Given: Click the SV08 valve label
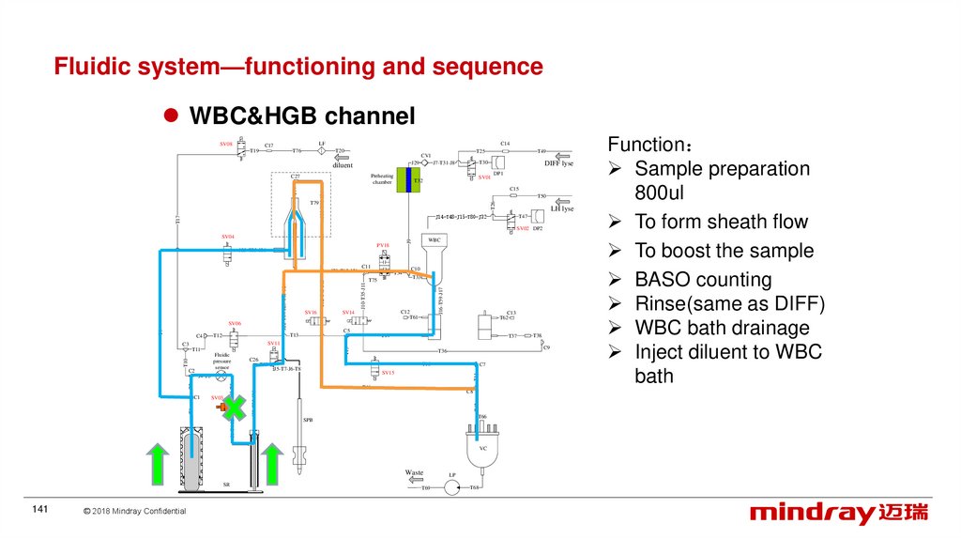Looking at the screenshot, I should (226, 144).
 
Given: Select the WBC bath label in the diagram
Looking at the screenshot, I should (434, 240).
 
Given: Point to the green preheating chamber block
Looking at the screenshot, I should (401, 180).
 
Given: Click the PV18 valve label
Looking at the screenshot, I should (383, 245).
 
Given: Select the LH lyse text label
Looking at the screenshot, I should (561, 208).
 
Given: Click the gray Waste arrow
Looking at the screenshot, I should (413, 480).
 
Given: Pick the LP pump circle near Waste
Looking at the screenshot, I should (451, 486).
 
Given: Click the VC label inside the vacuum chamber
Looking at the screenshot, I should (483, 448).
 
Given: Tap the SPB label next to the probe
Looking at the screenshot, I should (307, 419).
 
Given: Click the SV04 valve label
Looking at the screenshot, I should (228, 237).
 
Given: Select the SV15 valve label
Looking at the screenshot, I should (388, 373).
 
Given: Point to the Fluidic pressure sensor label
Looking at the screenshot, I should (222, 361).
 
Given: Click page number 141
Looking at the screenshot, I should (39, 509).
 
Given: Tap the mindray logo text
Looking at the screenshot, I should (811, 514).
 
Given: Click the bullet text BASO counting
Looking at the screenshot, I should (703, 279).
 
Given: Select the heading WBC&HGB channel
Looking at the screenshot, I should (302, 116).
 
